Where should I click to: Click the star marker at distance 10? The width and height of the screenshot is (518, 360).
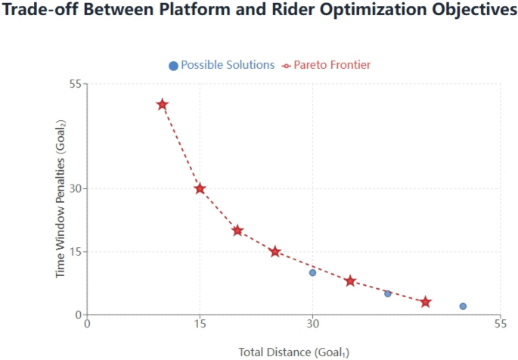(x=162, y=104)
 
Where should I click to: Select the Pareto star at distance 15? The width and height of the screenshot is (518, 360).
(x=200, y=188)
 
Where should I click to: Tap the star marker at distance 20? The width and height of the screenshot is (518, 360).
(x=237, y=231)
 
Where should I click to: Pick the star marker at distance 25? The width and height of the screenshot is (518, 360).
(x=275, y=251)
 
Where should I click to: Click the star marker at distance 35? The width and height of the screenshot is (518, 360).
(x=350, y=281)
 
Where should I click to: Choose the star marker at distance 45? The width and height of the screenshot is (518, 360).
(x=426, y=302)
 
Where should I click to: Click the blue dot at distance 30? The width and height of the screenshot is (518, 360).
(x=312, y=272)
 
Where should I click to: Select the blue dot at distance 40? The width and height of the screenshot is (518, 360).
(x=388, y=293)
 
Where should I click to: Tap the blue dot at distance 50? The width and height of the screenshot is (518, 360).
(x=463, y=306)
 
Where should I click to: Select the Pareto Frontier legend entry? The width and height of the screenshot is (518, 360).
(x=326, y=65)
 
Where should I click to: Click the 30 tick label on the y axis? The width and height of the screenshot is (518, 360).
(x=74, y=188)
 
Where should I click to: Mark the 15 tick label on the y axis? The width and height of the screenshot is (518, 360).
(x=74, y=251)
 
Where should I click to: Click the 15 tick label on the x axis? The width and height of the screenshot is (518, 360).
(x=200, y=324)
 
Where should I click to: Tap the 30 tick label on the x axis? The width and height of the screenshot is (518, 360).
(x=312, y=324)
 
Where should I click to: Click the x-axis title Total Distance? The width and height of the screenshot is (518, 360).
(x=293, y=352)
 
